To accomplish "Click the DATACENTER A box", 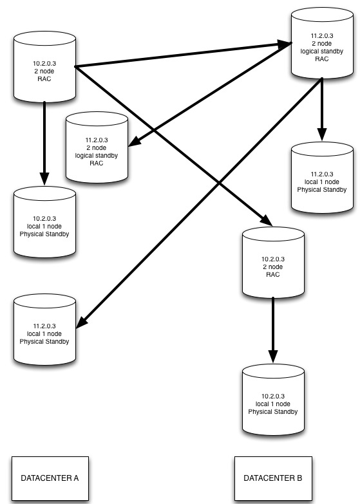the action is pyautogui.click(x=50, y=478).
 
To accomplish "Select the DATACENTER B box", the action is pyautogui.click(x=273, y=478).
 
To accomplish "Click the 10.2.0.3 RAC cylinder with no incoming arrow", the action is pyautogui.click(x=44, y=67).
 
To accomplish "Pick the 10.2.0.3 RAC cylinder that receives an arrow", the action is pyautogui.click(x=273, y=262).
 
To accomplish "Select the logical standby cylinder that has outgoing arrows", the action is pyautogui.click(x=322, y=43).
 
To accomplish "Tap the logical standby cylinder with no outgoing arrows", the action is pyautogui.click(x=97, y=147).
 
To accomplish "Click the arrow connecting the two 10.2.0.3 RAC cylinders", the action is pyautogui.click(x=174, y=146).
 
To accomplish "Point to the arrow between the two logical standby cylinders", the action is pyautogui.click(x=210, y=95).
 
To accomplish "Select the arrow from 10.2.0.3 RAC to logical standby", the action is pyautogui.click(x=184, y=55).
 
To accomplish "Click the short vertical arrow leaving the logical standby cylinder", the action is pyautogui.click(x=322, y=109).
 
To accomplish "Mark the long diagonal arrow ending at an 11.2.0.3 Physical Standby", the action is pyautogui.click(x=199, y=203).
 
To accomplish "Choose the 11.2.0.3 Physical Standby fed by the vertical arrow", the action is pyautogui.click(x=322, y=178).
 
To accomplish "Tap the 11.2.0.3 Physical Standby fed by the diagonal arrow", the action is pyautogui.click(x=44, y=330).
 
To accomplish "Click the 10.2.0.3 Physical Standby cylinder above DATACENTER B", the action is pyautogui.click(x=273, y=400).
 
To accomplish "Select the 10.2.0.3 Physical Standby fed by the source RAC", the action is pyautogui.click(x=44, y=222).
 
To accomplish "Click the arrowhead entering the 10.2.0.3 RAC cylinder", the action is pyautogui.click(x=267, y=220).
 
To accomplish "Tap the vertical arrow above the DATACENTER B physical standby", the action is pyautogui.click(x=273, y=330).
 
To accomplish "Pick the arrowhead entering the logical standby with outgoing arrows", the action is pyautogui.click(x=285, y=44).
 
